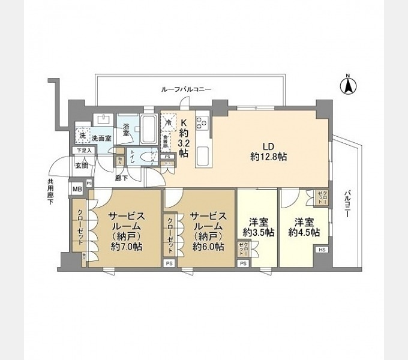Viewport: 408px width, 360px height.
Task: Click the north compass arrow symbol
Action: [x=347, y=85]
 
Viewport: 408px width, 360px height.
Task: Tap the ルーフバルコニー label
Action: [x=186, y=89]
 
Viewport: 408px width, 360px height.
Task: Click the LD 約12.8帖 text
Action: [x=268, y=151]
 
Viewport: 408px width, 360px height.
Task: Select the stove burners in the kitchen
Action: [x=202, y=122]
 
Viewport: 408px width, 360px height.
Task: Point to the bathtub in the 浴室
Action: [x=147, y=127]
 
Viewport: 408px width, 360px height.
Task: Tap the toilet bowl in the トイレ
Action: [x=142, y=158]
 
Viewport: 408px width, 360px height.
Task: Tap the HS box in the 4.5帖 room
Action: [x=321, y=250]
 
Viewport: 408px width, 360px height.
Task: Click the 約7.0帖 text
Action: [x=125, y=246]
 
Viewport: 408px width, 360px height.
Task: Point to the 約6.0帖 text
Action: [x=208, y=246]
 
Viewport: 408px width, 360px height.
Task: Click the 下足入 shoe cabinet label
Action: [x=83, y=151]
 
